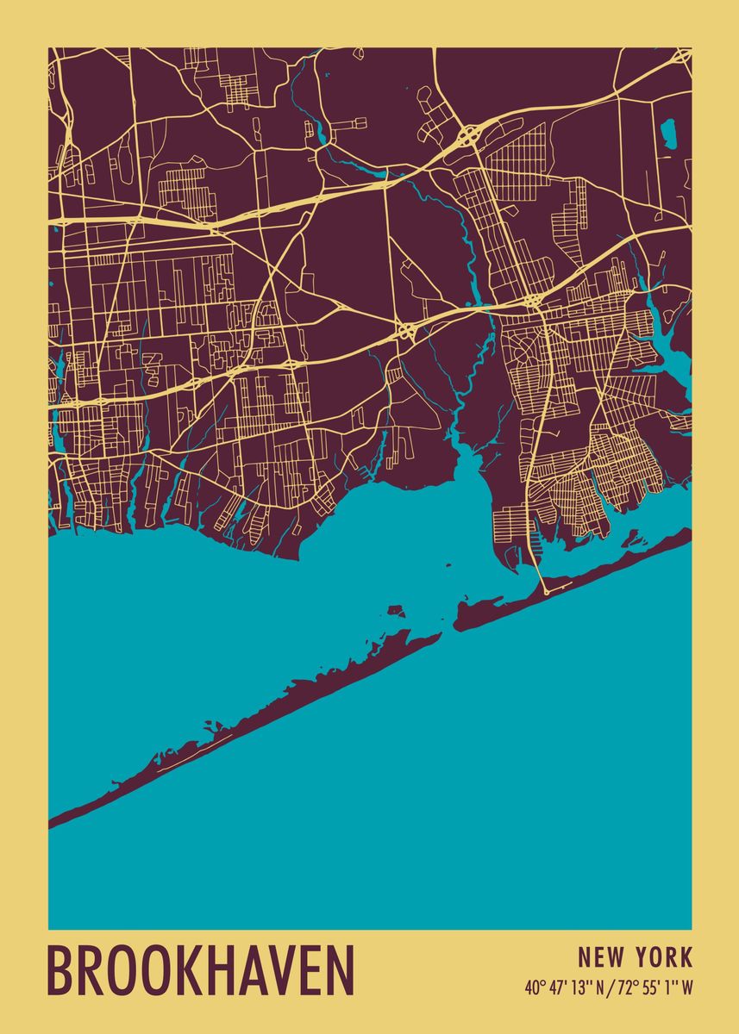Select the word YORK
[663, 957]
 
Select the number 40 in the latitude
[531, 988]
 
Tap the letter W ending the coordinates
[686, 988]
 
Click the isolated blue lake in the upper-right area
[667, 131]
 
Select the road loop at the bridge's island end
[546, 592]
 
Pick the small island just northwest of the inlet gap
[396, 610]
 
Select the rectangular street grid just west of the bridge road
[508, 520]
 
